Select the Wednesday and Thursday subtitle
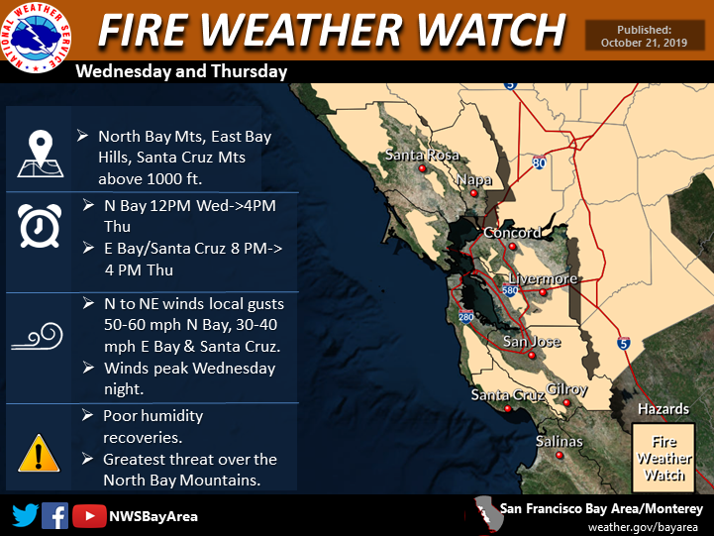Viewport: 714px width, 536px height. coord(181,71)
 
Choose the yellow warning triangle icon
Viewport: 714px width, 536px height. coord(38,453)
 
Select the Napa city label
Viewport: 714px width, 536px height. coord(474,180)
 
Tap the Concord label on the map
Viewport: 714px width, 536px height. coord(512,233)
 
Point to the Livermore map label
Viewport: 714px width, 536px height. coord(543,279)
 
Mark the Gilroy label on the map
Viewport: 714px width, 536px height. coord(566,389)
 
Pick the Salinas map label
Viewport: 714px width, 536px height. coord(560,441)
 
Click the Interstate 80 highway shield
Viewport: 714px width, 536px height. coord(539,161)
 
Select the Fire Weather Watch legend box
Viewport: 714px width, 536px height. coord(664,454)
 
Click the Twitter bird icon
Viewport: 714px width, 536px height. coord(26,516)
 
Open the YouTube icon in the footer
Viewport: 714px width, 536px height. coord(89,516)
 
